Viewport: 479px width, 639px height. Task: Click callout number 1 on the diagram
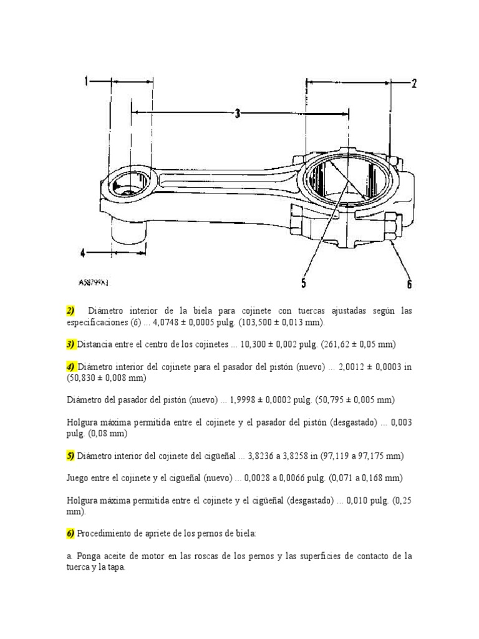tap(87, 80)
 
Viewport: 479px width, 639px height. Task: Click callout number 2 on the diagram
tap(413, 83)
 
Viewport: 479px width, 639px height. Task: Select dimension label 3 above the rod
tap(238, 114)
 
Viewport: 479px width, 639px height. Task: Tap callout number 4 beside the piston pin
tap(82, 253)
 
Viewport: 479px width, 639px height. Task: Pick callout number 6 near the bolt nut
tap(409, 283)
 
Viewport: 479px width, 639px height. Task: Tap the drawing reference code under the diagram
tap(93, 283)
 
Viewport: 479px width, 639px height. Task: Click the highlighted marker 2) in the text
tap(70, 311)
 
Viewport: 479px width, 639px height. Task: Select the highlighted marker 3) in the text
tap(70, 344)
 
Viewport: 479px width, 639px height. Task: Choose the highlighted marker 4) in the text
tap(70, 366)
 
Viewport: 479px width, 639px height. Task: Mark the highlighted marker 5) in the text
tap(70, 456)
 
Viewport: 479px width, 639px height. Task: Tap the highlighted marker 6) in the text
tap(70, 534)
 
